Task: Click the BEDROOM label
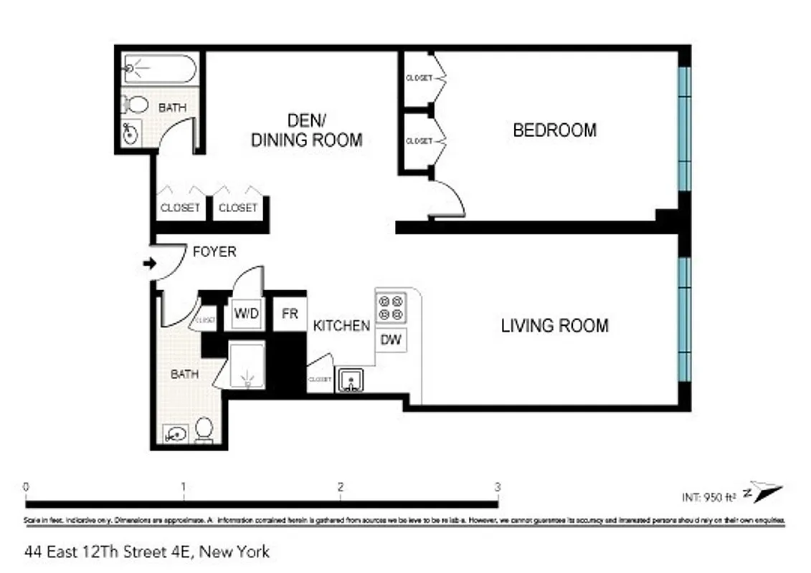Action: click(x=554, y=130)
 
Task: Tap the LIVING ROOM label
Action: click(x=554, y=326)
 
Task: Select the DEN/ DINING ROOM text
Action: click(x=306, y=130)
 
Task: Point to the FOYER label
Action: click(x=214, y=252)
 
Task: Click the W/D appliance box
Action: click(x=246, y=314)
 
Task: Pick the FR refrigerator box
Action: click(x=290, y=314)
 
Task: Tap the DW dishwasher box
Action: click(x=391, y=340)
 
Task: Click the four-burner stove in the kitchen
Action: click(x=391, y=309)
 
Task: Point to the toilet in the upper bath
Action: click(x=134, y=104)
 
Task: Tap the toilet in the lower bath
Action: click(x=204, y=429)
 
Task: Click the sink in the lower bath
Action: click(x=174, y=433)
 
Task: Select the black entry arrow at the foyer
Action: click(x=150, y=264)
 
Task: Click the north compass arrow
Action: click(x=764, y=491)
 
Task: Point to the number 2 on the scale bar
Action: click(x=340, y=487)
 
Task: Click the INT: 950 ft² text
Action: click(x=709, y=496)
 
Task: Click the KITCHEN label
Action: click(x=341, y=326)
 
